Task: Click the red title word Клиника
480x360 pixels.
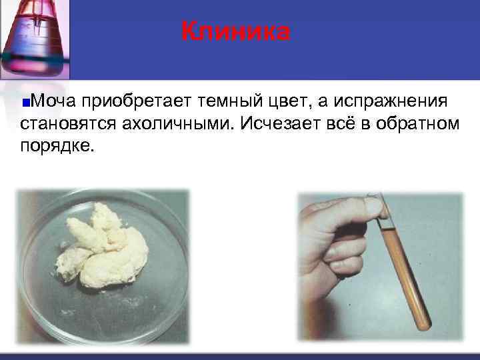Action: [236, 31]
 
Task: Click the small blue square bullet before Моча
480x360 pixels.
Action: [25, 103]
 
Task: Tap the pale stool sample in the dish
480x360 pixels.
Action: [107, 247]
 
